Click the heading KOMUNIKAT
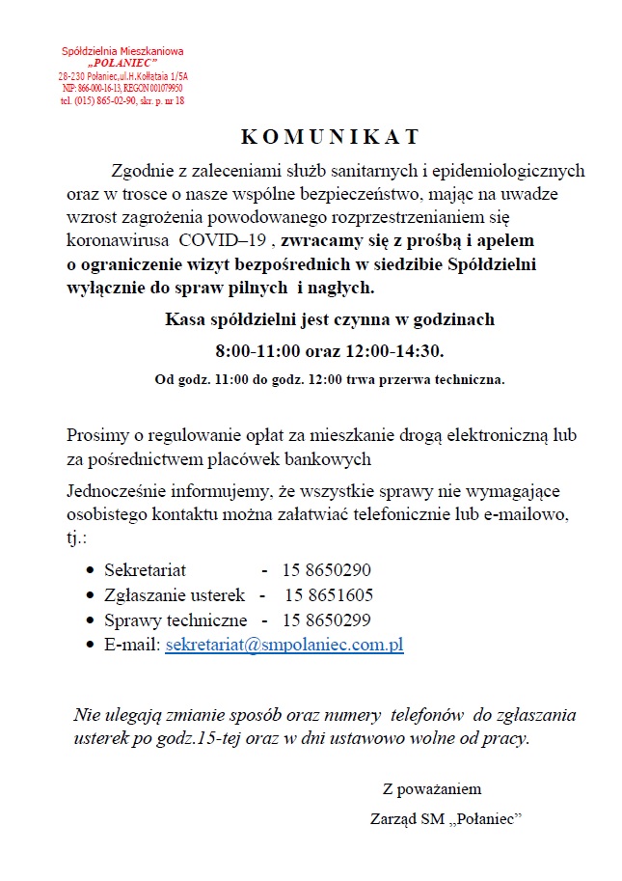329,135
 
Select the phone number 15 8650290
326,569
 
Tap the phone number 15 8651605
328,594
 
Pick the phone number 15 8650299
326,620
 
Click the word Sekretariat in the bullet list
145,569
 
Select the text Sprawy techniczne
176,620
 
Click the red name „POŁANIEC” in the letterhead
122,62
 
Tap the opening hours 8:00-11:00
263,348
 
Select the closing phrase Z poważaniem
431,789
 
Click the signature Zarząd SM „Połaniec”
446,817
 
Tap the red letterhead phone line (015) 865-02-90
122,99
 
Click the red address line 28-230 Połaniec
122,75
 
